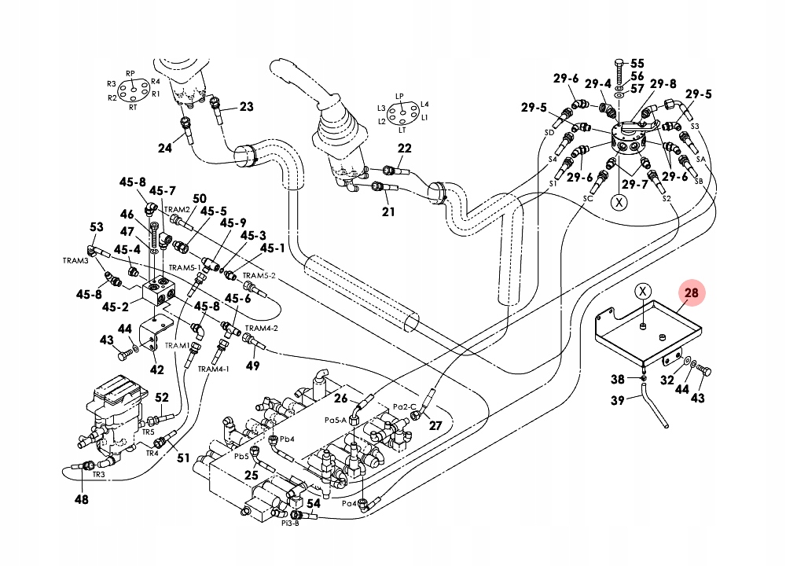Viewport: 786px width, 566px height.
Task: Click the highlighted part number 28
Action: pos(692,293)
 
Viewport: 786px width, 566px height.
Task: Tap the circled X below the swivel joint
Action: pos(620,201)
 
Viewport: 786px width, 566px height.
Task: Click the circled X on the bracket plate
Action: pos(643,292)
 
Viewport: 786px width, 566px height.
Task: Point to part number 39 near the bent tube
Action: pos(618,400)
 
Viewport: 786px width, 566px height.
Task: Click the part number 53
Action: pos(97,228)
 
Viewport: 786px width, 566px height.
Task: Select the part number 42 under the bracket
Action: pos(157,369)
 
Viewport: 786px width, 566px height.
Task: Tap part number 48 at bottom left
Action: pos(82,498)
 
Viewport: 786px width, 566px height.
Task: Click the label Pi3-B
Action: pos(289,524)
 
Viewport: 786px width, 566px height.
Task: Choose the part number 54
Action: pos(313,503)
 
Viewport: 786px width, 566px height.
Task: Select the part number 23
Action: pos(247,107)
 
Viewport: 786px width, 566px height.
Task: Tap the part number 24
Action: pos(164,147)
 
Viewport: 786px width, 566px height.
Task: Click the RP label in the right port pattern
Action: pos(130,74)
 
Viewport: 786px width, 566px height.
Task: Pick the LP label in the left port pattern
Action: pos(399,97)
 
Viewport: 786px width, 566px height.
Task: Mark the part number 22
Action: pos(404,149)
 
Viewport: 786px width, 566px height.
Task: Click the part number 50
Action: pos(200,199)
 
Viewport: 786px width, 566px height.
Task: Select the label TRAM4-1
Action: pos(214,369)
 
